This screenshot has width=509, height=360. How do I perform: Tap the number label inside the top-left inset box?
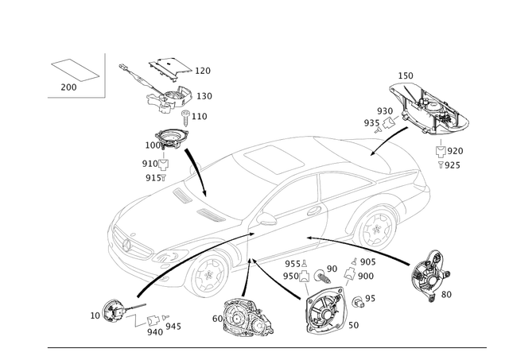click(69, 85)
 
